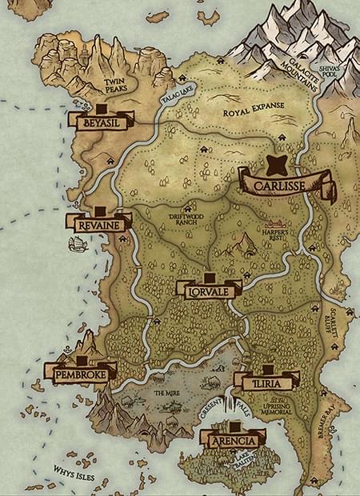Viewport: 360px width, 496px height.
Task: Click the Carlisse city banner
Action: (x=286, y=190)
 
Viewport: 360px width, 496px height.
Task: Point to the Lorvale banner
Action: (x=208, y=292)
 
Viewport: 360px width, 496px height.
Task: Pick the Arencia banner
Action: (x=232, y=441)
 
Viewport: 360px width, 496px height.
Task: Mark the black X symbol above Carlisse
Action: (x=278, y=166)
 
